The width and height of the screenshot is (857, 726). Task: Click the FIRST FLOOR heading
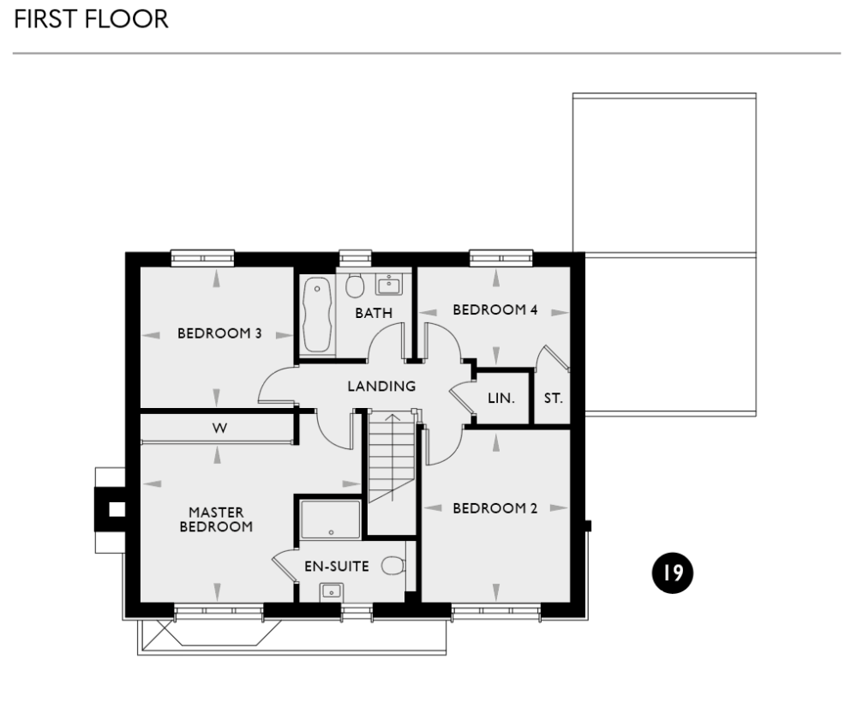click(90, 20)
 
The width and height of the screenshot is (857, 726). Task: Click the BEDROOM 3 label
click(219, 333)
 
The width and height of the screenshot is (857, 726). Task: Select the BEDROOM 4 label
click(494, 309)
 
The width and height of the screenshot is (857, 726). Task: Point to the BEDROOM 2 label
click(494, 508)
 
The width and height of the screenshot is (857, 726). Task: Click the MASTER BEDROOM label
click(216, 519)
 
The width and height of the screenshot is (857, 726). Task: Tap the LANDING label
click(381, 387)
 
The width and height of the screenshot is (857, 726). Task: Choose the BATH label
click(374, 313)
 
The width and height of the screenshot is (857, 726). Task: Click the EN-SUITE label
click(337, 566)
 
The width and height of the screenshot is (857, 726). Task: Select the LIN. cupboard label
click(500, 399)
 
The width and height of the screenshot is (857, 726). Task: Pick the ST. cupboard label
click(554, 399)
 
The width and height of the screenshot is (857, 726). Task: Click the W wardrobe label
click(219, 429)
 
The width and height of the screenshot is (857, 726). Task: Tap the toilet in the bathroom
click(354, 285)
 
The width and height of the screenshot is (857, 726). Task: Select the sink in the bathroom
click(389, 285)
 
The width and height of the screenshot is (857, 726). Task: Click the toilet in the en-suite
click(393, 566)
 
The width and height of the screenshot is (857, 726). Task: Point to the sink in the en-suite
click(331, 590)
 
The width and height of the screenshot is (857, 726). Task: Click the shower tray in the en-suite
click(331, 519)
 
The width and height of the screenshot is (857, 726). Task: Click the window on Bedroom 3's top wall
click(202, 256)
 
